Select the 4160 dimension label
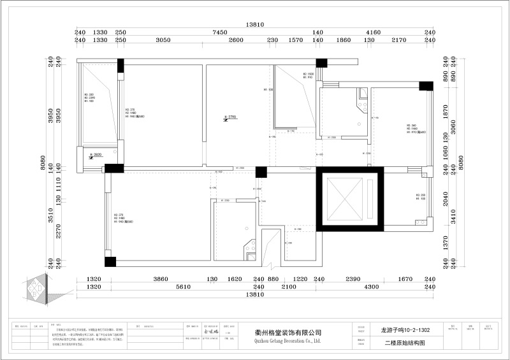374,32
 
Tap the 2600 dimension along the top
236,40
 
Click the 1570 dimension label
295,40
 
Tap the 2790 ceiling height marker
231,117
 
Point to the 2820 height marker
98,155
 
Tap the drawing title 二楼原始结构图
404,343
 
